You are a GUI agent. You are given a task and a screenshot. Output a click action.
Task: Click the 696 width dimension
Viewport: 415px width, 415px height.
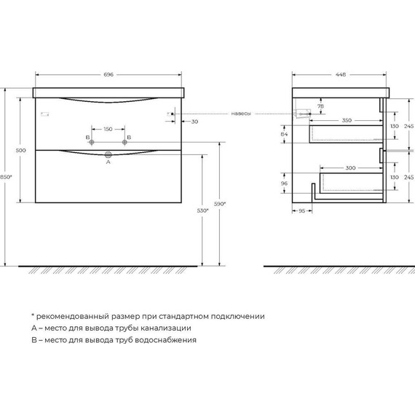click(108, 75)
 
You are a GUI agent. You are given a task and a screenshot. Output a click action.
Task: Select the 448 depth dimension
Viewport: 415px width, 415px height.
click(341, 75)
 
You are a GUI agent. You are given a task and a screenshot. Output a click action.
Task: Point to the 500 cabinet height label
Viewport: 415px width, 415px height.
click(21, 150)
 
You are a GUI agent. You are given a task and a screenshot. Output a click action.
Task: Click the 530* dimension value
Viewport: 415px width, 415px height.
click(202, 210)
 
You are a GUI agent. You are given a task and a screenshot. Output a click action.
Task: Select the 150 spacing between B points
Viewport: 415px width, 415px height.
click(108, 129)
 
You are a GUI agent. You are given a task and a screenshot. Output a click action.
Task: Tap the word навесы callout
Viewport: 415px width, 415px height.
click(242, 114)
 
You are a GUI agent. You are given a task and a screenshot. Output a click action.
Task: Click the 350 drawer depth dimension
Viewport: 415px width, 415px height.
click(347, 121)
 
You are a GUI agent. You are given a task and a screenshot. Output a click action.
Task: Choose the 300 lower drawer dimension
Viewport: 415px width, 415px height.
click(351, 168)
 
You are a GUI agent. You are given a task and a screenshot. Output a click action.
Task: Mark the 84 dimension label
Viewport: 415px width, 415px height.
click(284, 134)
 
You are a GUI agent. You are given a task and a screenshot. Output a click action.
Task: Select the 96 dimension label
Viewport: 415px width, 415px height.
click(284, 183)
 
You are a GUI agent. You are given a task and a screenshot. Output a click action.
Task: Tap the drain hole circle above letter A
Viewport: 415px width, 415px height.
click(108, 154)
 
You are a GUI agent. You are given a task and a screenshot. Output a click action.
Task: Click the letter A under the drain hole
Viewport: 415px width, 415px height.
click(108, 163)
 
